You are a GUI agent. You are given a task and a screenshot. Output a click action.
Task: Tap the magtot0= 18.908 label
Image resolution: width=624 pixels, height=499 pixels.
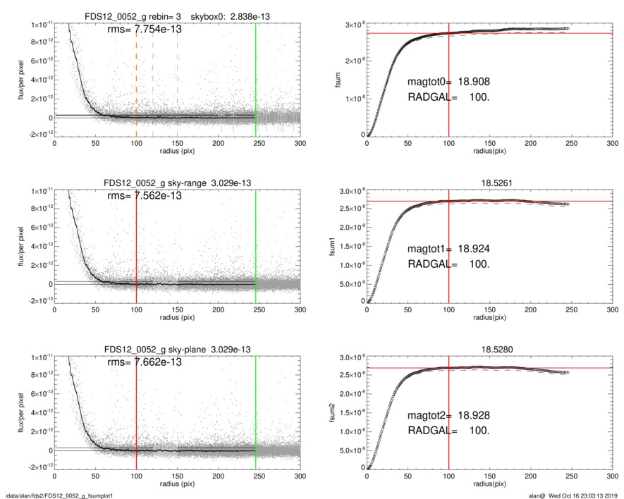[448, 82]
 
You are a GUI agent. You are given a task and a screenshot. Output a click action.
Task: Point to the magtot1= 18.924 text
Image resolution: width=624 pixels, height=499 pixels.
[448, 249]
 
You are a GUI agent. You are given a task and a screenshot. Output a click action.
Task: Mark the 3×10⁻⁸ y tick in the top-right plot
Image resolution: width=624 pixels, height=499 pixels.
[352, 25]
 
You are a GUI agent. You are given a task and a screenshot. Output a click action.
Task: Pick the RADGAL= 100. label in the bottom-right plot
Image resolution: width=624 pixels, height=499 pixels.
[448, 430]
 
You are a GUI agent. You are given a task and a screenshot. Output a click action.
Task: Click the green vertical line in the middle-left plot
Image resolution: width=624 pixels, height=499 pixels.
[256, 240]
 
